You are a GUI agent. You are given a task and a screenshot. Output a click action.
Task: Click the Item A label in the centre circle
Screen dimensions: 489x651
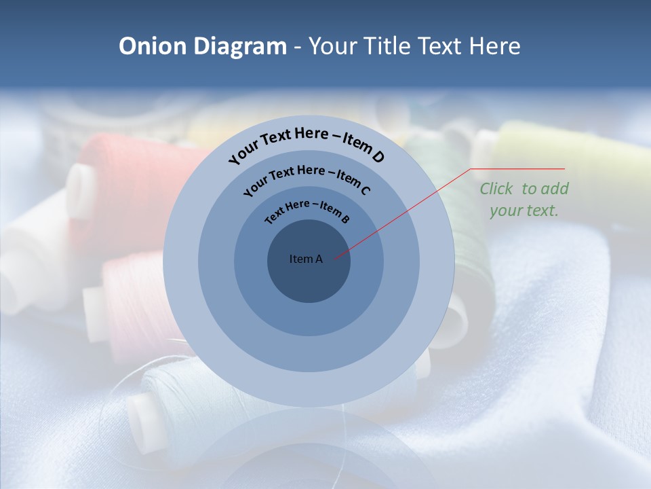tap(306, 259)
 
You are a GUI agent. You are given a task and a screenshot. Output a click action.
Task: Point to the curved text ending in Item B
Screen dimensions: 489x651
tap(307, 210)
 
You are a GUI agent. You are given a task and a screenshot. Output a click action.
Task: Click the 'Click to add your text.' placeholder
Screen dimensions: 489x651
tap(524, 199)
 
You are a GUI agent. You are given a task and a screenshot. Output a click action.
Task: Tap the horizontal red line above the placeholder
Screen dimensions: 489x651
tap(518, 168)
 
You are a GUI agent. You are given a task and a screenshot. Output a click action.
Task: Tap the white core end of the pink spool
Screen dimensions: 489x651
tap(95, 314)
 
